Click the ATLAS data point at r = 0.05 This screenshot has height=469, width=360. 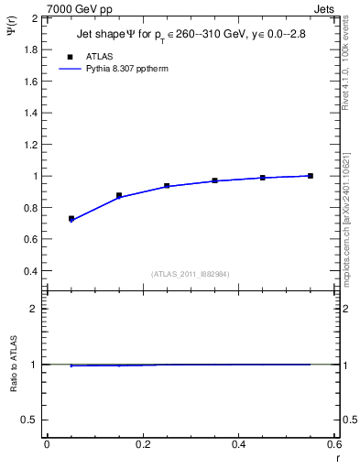(71, 219)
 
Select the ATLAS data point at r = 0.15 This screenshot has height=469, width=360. (119, 195)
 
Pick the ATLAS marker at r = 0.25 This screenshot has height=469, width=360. (167, 186)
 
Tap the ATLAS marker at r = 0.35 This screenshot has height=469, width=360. (215, 180)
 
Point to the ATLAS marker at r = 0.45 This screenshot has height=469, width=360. (263, 178)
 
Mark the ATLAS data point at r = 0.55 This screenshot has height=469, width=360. (311, 176)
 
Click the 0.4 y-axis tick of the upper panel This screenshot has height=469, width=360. (30, 271)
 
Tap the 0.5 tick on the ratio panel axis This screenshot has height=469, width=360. (29, 420)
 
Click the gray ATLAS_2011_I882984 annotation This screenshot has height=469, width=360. (191, 274)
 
